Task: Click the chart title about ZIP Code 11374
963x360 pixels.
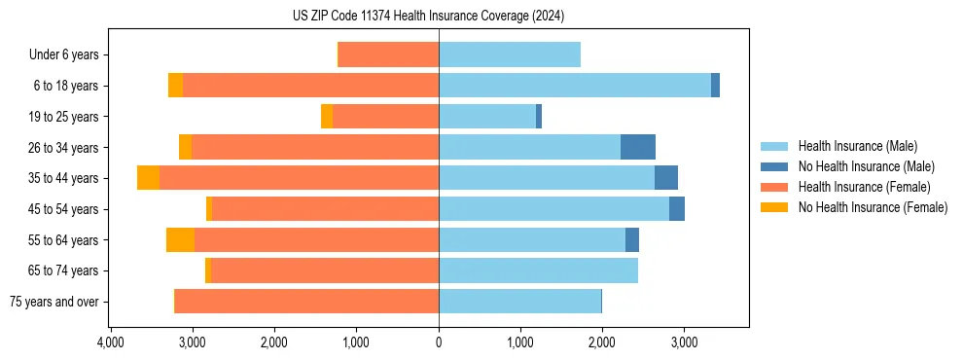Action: coord(428,16)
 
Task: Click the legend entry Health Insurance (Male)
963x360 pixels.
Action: coord(857,146)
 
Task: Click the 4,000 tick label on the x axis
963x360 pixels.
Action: coord(110,342)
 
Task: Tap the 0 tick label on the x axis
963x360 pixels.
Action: coord(439,342)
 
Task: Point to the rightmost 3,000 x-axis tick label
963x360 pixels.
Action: coord(684,342)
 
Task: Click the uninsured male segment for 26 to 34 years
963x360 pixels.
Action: coord(638,147)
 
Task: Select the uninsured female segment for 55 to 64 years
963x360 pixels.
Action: coord(180,239)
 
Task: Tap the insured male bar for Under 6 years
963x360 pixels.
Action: coord(510,54)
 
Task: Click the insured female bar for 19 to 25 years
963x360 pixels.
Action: coord(385,116)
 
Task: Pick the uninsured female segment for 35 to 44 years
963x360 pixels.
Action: coord(148,178)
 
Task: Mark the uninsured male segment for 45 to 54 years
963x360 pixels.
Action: coord(677,208)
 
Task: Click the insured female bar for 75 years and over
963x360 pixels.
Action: coord(306,302)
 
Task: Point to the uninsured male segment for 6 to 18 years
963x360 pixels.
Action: coord(715,86)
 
